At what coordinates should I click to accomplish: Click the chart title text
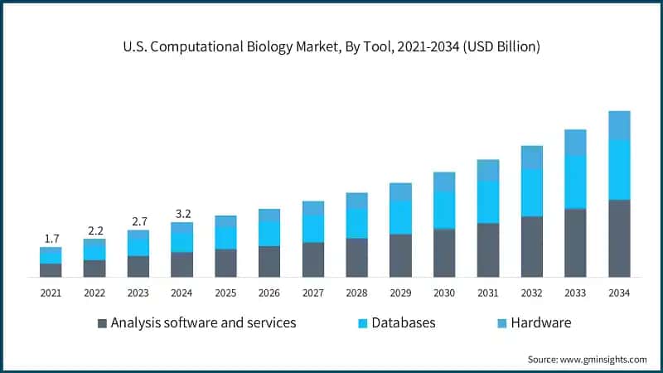pyautogui.click(x=331, y=47)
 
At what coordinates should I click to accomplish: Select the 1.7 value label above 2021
pyautogui.click(x=51, y=239)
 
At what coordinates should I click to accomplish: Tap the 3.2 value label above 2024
pyautogui.click(x=181, y=214)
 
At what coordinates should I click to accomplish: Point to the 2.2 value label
pyautogui.click(x=94, y=230)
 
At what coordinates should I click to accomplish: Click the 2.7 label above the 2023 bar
pyautogui.click(x=138, y=222)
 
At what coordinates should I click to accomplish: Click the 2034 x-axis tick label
pyautogui.click(x=619, y=293)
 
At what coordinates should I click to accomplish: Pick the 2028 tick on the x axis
pyautogui.click(x=356, y=293)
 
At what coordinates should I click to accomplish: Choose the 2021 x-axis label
pyautogui.click(x=51, y=293)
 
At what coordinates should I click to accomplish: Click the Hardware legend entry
pyautogui.click(x=540, y=322)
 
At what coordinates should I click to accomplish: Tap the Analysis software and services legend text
pyautogui.click(x=203, y=322)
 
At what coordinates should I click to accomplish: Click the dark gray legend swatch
pyautogui.click(x=102, y=323)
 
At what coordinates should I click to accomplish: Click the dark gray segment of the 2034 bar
pyautogui.click(x=619, y=238)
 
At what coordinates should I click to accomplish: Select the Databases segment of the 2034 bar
pyautogui.click(x=619, y=169)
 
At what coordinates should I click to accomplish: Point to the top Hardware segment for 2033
pyautogui.click(x=575, y=142)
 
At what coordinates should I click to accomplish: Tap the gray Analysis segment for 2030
pyautogui.click(x=444, y=252)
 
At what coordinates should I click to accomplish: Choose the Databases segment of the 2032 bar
pyautogui.click(x=531, y=192)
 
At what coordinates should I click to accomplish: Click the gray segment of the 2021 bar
pyautogui.click(x=51, y=269)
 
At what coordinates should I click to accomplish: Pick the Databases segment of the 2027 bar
pyautogui.click(x=312, y=228)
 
